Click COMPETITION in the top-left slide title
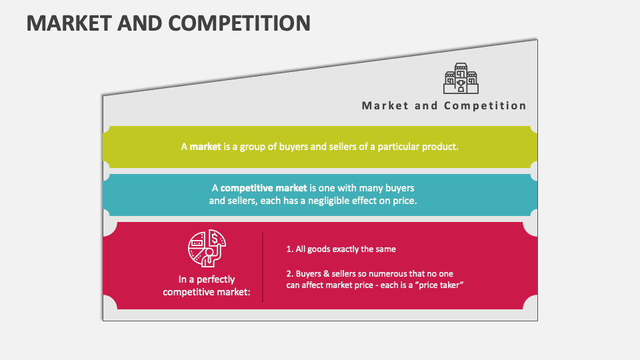(x=241, y=23)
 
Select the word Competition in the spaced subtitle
(x=485, y=105)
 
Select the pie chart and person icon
(x=206, y=247)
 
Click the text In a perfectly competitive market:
(x=206, y=285)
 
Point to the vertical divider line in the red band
(x=263, y=267)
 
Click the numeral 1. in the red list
(x=290, y=249)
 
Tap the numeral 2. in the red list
(x=290, y=274)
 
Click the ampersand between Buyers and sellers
(x=325, y=274)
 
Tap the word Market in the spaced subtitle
(x=384, y=105)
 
